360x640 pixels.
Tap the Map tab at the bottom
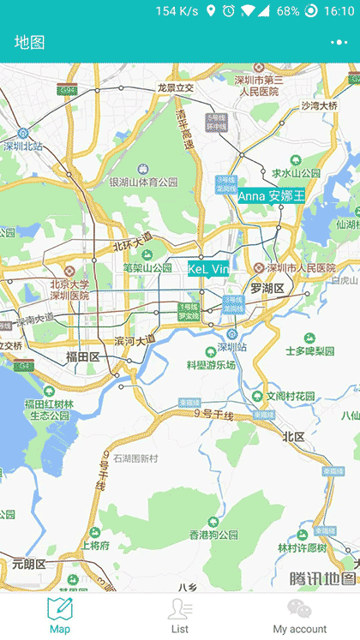[x=60, y=615]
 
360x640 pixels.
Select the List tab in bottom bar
[x=180, y=615]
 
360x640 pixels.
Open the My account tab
[x=299, y=615]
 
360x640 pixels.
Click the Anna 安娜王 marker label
[x=271, y=195]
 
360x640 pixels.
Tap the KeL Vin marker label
[x=208, y=269]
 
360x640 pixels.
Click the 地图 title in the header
[x=30, y=42]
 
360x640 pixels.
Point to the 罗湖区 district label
[x=267, y=288]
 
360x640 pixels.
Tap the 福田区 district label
[x=83, y=356]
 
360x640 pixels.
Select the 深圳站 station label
[x=231, y=348]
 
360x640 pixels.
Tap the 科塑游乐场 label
[x=211, y=364]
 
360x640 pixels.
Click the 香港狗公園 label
[x=213, y=535]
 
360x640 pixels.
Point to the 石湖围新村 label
[x=135, y=458]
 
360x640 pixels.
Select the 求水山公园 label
[x=296, y=172]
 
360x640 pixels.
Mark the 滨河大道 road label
[x=135, y=340]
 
